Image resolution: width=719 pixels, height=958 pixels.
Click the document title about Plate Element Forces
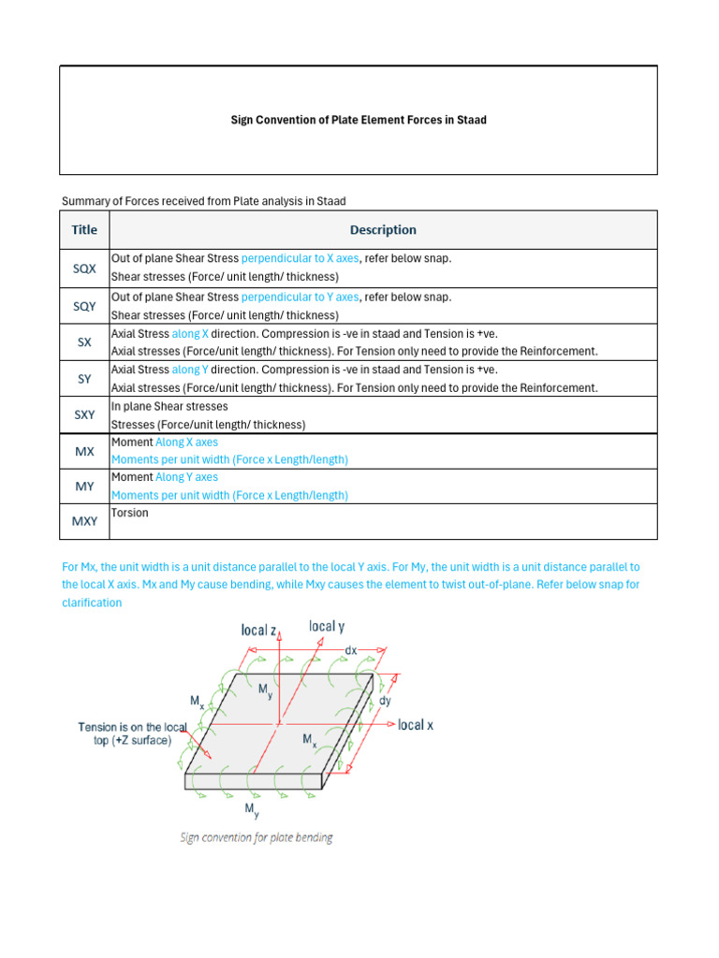tap(359, 120)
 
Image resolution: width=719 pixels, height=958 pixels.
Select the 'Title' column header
tap(84, 229)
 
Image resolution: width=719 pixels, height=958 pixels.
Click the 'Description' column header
tap(383, 229)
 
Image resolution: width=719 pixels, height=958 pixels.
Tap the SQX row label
tap(84, 268)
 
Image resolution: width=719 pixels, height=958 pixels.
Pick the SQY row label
tap(84, 306)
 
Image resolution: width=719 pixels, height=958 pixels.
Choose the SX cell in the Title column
tap(84, 342)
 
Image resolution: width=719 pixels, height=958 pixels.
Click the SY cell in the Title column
tap(84, 378)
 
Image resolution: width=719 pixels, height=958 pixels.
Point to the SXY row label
tap(84, 414)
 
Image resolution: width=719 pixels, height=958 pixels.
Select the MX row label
tap(84, 451)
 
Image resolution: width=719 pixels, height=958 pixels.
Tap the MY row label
tap(84, 486)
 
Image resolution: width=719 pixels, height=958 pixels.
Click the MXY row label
tap(84, 522)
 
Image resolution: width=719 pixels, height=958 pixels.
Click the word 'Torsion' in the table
tap(129, 513)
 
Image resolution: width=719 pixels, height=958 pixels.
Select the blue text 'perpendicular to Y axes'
tap(300, 297)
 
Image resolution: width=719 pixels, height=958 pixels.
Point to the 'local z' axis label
tap(258, 631)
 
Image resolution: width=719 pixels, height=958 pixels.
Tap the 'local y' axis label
tap(326, 627)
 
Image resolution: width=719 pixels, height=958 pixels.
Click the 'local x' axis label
tap(415, 725)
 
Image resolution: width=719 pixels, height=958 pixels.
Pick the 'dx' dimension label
tap(351, 649)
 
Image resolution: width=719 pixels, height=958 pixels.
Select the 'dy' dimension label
tap(385, 700)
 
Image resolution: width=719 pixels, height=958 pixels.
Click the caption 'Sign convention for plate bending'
tap(257, 837)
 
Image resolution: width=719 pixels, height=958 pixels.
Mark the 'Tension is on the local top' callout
tap(133, 733)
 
